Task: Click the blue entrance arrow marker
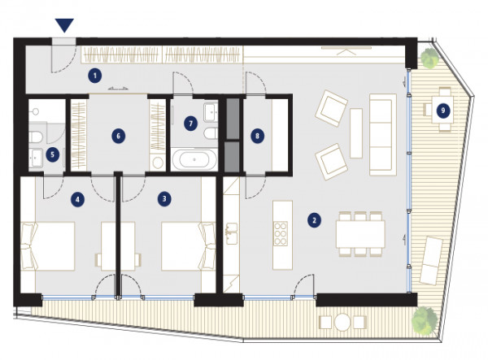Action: click(64, 25)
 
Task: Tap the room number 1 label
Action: click(94, 76)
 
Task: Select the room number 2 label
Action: click(314, 220)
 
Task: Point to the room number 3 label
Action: click(164, 198)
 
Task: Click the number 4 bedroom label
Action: click(77, 199)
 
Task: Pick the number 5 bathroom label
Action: click(52, 154)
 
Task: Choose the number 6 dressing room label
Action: click(119, 136)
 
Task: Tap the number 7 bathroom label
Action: click(191, 124)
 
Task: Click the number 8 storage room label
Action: click(257, 136)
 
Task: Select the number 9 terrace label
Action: click(443, 111)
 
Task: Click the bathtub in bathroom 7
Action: click(194, 159)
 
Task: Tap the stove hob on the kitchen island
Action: click(280, 233)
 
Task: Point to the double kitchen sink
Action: click(232, 233)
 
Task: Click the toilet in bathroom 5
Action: click(35, 137)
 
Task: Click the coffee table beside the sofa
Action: click(356, 133)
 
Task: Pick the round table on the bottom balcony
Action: click(342, 322)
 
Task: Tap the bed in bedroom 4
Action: click(48, 246)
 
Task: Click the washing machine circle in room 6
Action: click(158, 163)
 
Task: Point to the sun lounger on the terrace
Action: click(431, 260)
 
